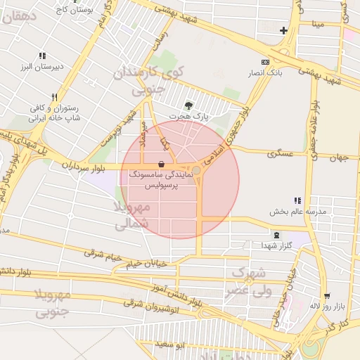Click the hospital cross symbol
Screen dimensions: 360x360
click(x=283, y=30)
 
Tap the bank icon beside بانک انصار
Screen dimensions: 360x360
click(x=264, y=62)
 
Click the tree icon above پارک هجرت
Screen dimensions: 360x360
click(x=188, y=105)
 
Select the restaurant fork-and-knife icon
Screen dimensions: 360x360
click(x=53, y=97)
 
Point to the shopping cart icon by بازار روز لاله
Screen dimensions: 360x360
click(x=326, y=295)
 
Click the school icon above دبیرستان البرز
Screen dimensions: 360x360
click(x=42, y=56)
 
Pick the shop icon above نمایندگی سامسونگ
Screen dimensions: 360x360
click(x=162, y=164)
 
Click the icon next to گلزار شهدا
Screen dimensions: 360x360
click(x=276, y=235)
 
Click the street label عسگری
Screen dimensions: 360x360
click(x=280, y=153)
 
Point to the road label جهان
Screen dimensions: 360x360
click(x=339, y=157)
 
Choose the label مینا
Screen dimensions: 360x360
click(x=319, y=24)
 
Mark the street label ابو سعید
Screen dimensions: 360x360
click(x=171, y=345)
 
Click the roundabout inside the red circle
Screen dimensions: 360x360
click(x=198, y=171)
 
